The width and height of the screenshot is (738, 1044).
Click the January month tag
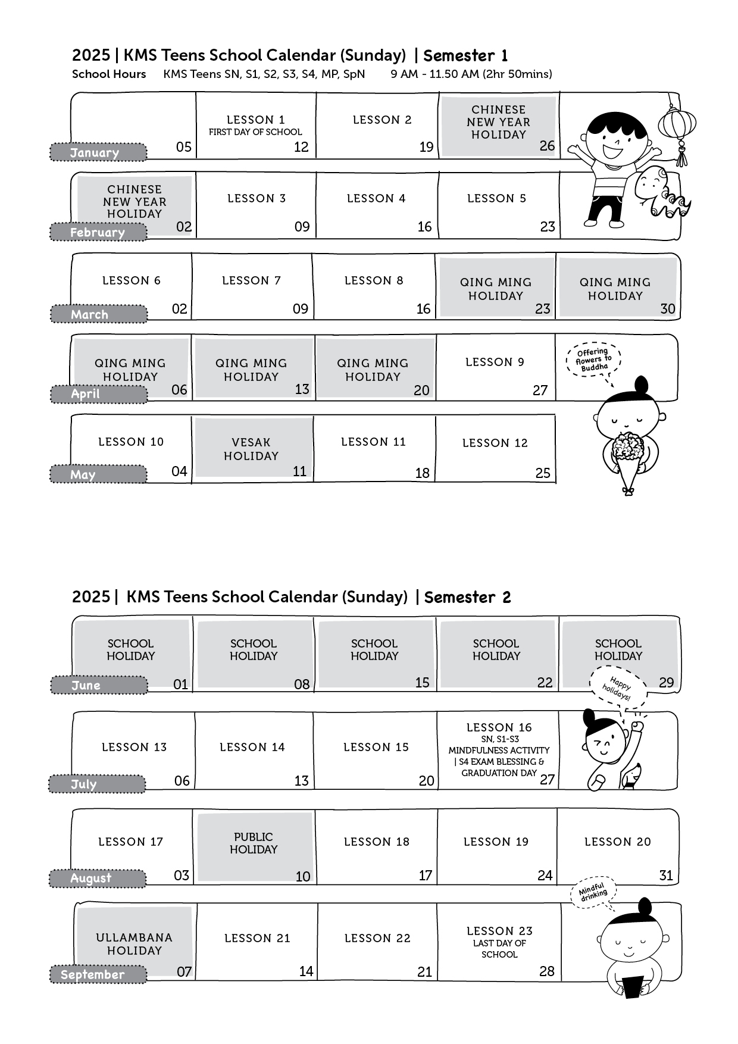(x=98, y=152)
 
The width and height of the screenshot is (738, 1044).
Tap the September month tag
(x=98, y=974)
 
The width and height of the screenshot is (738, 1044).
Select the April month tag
(x=98, y=394)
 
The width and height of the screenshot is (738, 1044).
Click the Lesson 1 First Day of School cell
(x=256, y=126)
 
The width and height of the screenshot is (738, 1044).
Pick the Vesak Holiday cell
(x=254, y=448)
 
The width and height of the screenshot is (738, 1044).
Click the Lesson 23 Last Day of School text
(x=499, y=942)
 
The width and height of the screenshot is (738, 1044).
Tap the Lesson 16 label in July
(x=499, y=727)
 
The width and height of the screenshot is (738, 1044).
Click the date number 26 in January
(x=547, y=146)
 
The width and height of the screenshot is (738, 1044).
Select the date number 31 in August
(x=666, y=876)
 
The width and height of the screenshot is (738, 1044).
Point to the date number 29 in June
(x=667, y=683)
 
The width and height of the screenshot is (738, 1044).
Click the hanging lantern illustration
(x=677, y=129)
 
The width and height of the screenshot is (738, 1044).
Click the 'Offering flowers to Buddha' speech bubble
(x=593, y=360)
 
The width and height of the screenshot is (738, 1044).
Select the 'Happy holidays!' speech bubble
(x=618, y=689)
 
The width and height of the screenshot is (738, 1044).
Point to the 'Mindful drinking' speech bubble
(x=593, y=893)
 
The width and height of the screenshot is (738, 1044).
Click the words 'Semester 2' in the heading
(x=467, y=597)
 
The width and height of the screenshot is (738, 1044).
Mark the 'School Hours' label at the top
(x=109, y=74)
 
